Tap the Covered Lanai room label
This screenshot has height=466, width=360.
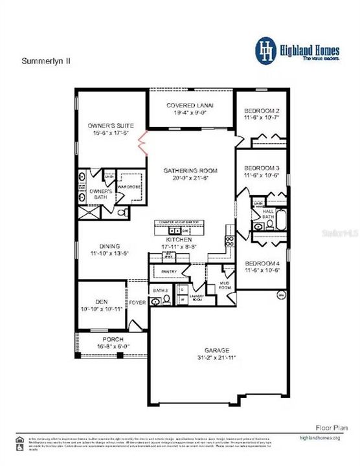pos(190,105)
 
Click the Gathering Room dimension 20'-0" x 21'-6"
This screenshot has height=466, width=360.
pos(190,178)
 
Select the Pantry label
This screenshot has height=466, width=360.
pos(168,272)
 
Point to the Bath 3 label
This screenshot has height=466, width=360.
pos(160,291)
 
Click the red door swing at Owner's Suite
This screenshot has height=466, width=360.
pos(146,142)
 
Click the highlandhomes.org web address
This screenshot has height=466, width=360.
pos(326,438)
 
